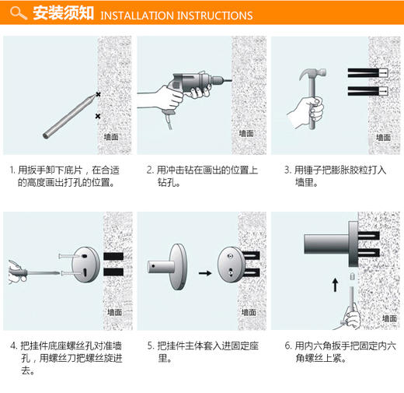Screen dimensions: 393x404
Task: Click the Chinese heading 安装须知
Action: (x=64, y=14)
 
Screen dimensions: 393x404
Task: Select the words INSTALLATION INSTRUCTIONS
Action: (x=176, y=16)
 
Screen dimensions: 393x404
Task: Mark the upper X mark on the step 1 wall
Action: (x=98, y=95)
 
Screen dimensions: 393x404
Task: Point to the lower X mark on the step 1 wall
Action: (x=97, y=117)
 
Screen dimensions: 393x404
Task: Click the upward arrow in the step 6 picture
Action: (x=335, y=284)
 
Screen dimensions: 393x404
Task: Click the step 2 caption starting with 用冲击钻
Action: (x=201, y=176)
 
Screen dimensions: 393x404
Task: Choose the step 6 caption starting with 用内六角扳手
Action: (x=336, y=352)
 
